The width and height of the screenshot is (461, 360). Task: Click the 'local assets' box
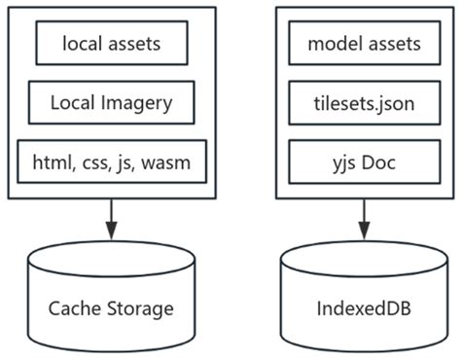coord(111,43)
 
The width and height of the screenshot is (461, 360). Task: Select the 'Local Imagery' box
coord(111,102)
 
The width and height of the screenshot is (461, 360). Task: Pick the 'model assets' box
coord(364,43)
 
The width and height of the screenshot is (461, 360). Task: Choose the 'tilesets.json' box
coord(364,102)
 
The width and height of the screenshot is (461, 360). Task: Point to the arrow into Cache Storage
coord(111,218)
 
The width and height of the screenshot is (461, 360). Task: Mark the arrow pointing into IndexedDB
coord(364,218)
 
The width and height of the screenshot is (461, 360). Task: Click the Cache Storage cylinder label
coord(111,309)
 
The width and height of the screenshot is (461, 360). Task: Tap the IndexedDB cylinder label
coord(364,309)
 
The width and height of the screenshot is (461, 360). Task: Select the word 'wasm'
coord(172,162)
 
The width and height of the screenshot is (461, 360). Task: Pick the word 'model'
coord(331,43)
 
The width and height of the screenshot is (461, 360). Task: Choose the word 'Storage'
coord(137,310)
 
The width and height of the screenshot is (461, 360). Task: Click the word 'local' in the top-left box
coord(82,43)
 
